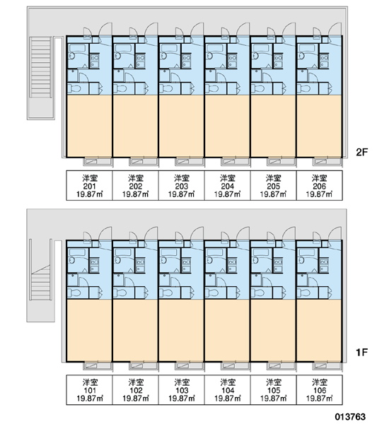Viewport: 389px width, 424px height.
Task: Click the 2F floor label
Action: (361, 152)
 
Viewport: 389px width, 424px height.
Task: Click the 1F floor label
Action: (361, 352)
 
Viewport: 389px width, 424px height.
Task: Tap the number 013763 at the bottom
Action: (350, 417)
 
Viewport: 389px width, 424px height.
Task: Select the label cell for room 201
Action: (90, 186)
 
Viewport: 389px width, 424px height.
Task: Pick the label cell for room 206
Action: (320, 186)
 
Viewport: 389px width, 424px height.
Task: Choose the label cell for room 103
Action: (182, 390)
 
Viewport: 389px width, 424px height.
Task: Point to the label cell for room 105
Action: (274, 390)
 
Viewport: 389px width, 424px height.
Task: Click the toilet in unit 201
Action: (74, 89)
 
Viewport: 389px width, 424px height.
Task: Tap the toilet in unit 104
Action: (211, 293)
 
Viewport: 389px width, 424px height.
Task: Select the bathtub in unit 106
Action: (307, 252)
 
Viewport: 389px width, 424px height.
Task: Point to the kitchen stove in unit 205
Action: (278, 61)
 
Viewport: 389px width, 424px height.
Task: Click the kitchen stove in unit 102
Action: (140, 265)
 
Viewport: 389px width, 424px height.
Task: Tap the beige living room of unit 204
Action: (228, 126)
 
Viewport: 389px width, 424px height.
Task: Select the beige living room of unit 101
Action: (90, 330)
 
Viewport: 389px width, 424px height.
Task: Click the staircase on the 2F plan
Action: (41, 68)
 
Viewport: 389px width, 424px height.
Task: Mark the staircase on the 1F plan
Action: (41, 282)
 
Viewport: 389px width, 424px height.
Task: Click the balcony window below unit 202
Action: (143, 161)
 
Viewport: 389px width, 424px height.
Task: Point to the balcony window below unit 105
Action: (281, 365)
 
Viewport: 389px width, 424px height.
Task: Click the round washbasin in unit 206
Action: (301, 56)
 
